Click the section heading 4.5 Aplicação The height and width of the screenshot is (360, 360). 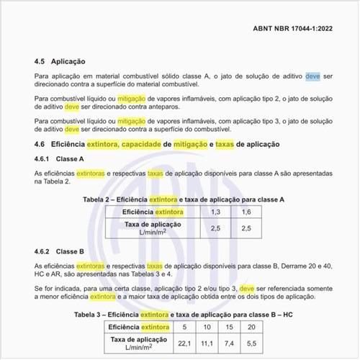(60, 62)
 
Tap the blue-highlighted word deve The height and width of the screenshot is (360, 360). (312, 76)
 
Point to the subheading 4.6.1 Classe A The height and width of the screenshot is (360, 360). (60, 159)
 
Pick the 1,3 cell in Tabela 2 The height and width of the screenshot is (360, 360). (215, 212)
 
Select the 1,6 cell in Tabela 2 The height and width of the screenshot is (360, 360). (246, 212)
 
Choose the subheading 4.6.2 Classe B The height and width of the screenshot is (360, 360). (60, 252)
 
